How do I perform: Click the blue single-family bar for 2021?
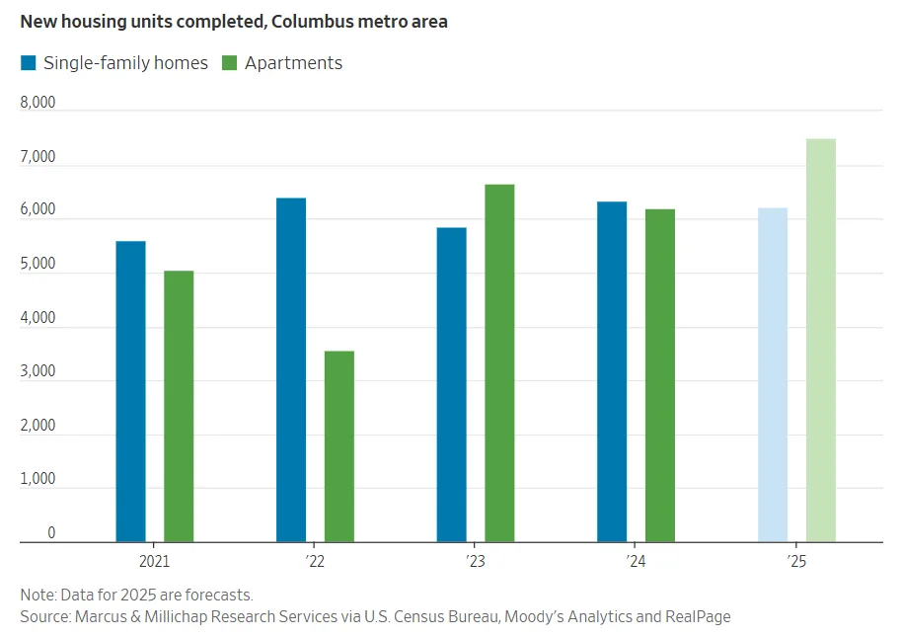coord(130,391)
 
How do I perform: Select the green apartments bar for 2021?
coord(179,406)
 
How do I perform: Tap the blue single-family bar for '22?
coord(291,369)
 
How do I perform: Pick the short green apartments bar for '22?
coord(339,446)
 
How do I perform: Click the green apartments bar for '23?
coord(499,362)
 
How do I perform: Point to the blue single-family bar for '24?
coord(612,371)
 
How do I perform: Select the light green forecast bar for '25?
coord(820,340)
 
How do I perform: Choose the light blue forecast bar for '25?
coord(773,374)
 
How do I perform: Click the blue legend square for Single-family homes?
coord(29,63)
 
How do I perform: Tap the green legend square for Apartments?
coord(229,63)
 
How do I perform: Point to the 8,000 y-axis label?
coord(38,104)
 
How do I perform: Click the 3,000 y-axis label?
coord(38,372)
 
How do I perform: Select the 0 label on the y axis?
coord(51,533)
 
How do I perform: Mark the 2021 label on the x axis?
coord(154,560)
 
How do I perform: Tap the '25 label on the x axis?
coord(796,560)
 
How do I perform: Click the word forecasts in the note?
coord(218,595)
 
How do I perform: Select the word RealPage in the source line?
coord(696,616)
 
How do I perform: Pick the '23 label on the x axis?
coord(475,560)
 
